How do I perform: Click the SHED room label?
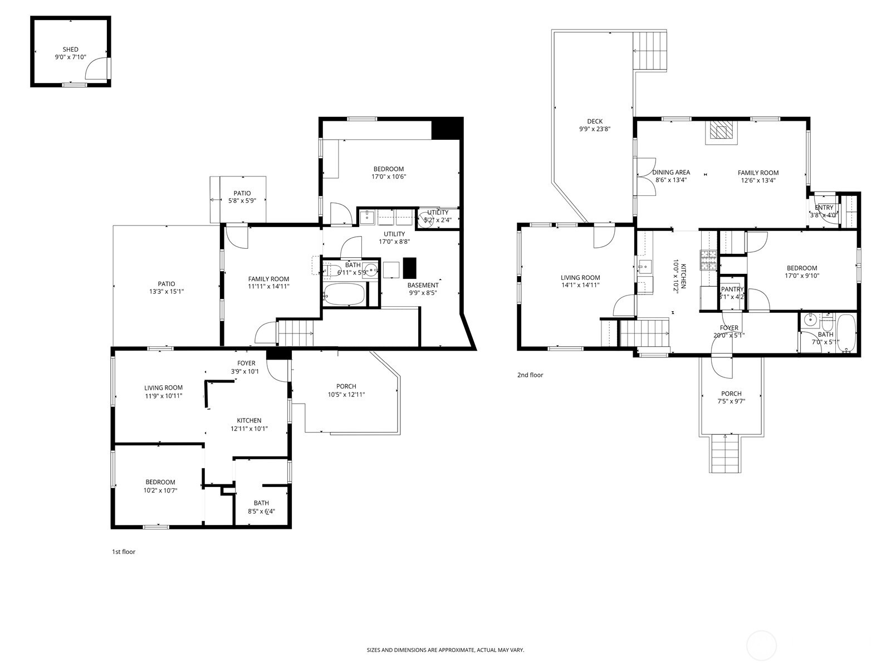pyautogui.click(x=70, y=50)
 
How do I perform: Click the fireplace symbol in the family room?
pyautogui.click(x=722, y=132)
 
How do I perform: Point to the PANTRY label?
pyautogui.click(x=732, y=289)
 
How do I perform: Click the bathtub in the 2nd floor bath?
pyautogui.click(x=846, y=333)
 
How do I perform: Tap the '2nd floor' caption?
pyautogui.click(x=530, y=375)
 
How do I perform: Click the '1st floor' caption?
pyautogui.click(x=124, y=552)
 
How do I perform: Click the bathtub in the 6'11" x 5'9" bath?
pyautogui.click(x=345, y=294)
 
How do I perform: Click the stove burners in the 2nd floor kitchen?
pyautogui.click(x=709, y=260)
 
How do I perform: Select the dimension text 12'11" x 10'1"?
pyautogui.click(x=249, y=429)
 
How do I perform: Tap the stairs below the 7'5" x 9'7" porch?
pyautogui.click(x=725, y=454)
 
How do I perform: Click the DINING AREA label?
pyautogui.click(x=671, y=173)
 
